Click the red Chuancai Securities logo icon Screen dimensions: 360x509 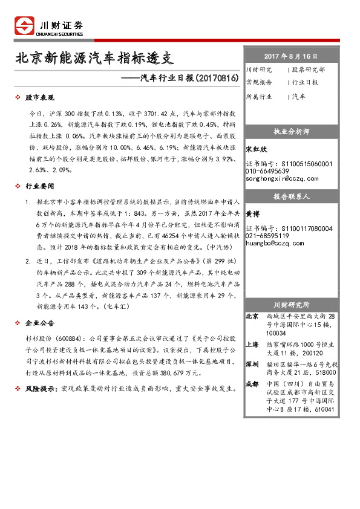tap(24, 26)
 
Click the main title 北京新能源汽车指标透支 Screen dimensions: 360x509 tap(94, 59)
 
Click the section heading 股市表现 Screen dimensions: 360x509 tap(40, 98)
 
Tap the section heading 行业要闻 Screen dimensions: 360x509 tap(40, 187)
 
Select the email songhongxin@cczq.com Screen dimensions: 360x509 tap(282, 179)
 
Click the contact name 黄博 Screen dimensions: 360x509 tap(253, 213)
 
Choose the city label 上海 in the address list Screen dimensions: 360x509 tap(252, 343)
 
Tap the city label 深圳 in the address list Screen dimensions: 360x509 tap(252, 364)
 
